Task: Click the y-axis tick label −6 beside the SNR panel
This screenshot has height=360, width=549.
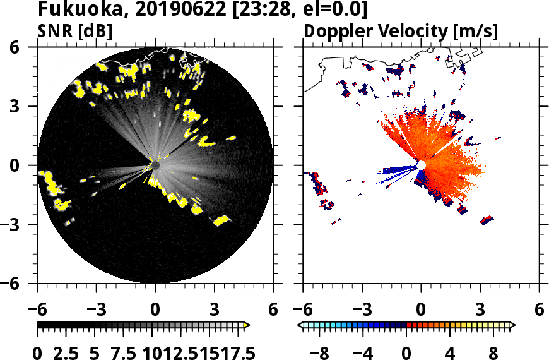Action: [17, 284]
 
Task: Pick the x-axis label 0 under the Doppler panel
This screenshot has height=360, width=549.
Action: [421, 310]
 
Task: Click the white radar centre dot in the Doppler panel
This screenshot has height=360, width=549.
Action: [421, 165]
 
